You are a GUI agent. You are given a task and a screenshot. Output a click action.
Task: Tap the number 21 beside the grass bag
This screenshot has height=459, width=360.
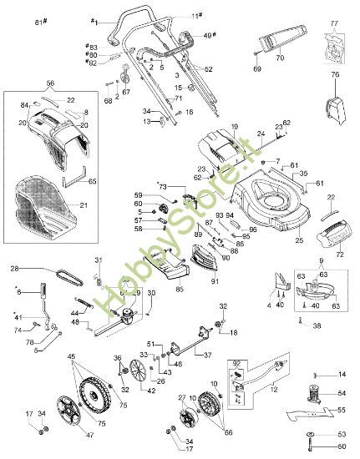click(83, 204)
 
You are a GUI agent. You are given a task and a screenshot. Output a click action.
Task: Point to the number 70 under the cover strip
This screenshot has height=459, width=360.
click(280, 58)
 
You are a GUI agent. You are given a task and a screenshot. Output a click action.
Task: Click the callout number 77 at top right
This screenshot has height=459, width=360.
click(334, 25)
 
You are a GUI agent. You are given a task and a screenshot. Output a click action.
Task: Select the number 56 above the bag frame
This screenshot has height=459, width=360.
click(49, 83)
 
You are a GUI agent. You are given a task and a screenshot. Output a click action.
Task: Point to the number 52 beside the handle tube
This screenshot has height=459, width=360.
click(208, 68)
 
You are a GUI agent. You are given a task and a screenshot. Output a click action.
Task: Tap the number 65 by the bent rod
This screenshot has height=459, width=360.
click(92, 181)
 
